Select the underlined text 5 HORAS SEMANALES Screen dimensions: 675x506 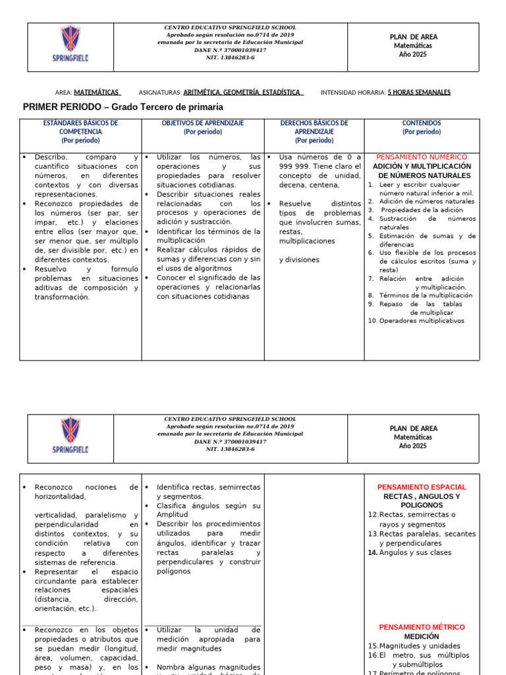(x=419, y=92)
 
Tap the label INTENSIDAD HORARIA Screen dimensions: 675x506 (x=352, y=92)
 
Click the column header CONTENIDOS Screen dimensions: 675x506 (x=422, y=123)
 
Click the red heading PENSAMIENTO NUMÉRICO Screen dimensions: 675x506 (x=421, y=158)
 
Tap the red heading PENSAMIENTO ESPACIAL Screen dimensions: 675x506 (x=422, y=487)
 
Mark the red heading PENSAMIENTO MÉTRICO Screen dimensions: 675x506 (x=422, y=627)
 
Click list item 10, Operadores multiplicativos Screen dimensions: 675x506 (x=420, y=321)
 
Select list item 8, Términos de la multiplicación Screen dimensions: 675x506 (x=424, y=295)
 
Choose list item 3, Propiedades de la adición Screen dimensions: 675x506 (x=423, y=210)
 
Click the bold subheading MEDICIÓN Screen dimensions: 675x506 (x=422, y=637)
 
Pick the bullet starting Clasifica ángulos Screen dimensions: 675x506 (x=208, y=506)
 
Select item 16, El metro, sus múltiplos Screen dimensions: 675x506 (x=422, y=655)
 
